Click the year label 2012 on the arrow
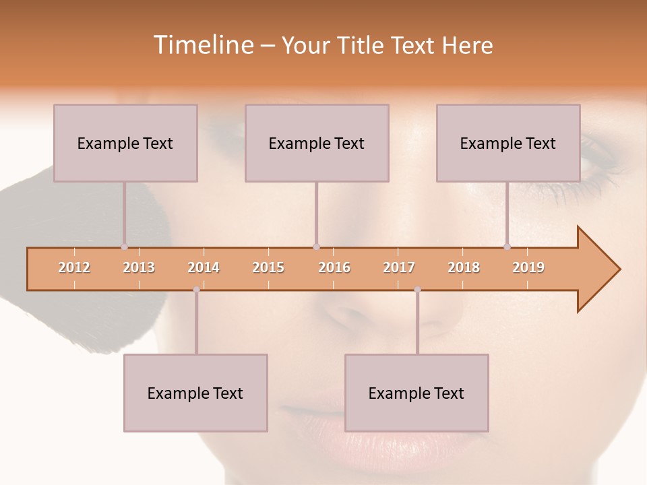click(x=74, y=267)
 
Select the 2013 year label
click(x=139, y=267)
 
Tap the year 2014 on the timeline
click(x=204, y=267)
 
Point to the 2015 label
click(x=268, y=267)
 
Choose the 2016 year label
click(x=334, y=267)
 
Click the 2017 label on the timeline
click(x=399, y=267)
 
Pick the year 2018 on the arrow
click(x=464, y=267)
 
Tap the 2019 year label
click(x=528, y=267)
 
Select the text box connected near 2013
click(x=125, y=143)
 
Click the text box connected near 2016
click(x=317, y=143)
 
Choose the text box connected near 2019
click(x=508, y=143)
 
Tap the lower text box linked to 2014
click(x=195, y=393)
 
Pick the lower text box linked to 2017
click(x=417, y=393)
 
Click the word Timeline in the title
click(x=202, y=45)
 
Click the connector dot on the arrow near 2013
click(x=124, y=247)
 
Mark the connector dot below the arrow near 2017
click(x=417, y=290)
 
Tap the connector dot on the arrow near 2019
click(x=507, y=247)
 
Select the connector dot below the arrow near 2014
click(x=196, y=290)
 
